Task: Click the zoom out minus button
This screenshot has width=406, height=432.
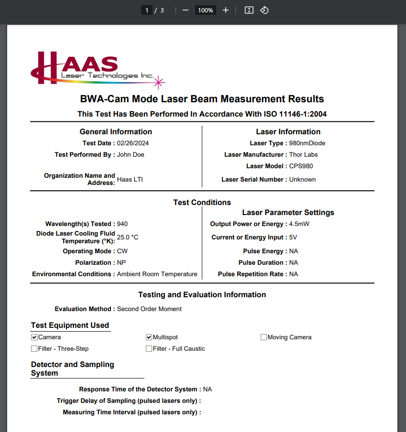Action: point(186,10)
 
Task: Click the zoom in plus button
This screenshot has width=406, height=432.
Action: point(226,10)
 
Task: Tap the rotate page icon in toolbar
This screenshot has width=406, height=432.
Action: point(264,10)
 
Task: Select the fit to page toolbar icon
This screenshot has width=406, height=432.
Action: point(249,10)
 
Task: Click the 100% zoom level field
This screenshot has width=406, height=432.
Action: point(206,10)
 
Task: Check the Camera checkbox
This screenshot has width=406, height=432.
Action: point(34,337)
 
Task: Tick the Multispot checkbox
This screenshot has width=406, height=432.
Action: point(149,337)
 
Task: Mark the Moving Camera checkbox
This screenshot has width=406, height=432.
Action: point(263,337)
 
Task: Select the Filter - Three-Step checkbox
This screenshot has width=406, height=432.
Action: point(34,349)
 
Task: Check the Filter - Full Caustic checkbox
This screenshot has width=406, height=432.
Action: point(149,349)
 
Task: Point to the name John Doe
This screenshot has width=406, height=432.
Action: point(131,154)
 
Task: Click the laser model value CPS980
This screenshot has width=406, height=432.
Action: point(301,166)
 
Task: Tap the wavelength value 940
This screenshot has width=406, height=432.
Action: point(122,224)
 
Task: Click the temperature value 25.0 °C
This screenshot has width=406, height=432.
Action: point(128,237)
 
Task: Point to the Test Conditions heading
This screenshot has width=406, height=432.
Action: point(202,202)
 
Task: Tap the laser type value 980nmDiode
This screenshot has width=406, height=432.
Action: point(307,143)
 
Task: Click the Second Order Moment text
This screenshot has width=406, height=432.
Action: point(149,309)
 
